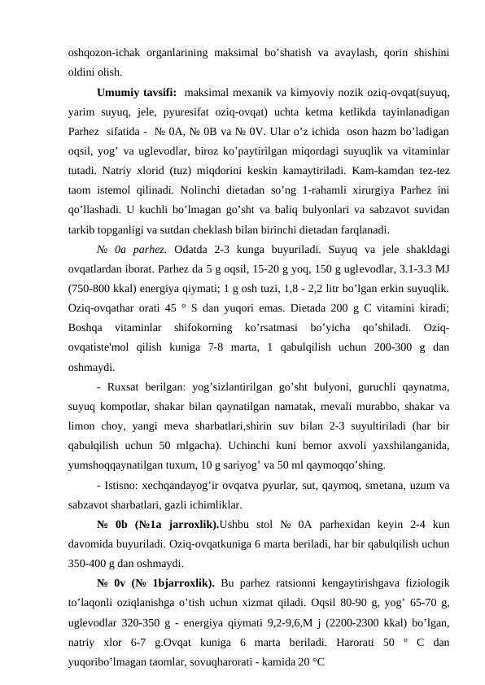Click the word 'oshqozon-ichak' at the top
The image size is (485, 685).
click(x=101, y=52)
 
